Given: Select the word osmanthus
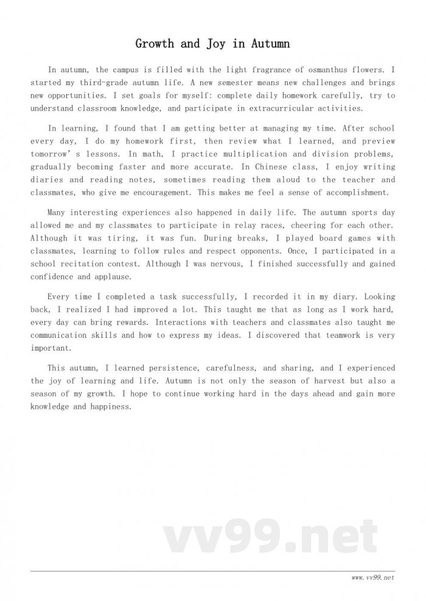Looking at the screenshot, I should tap(324, 70).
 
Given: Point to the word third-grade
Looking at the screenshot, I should tap(93, 83).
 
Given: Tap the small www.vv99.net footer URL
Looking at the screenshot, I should tap(373, 578).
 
